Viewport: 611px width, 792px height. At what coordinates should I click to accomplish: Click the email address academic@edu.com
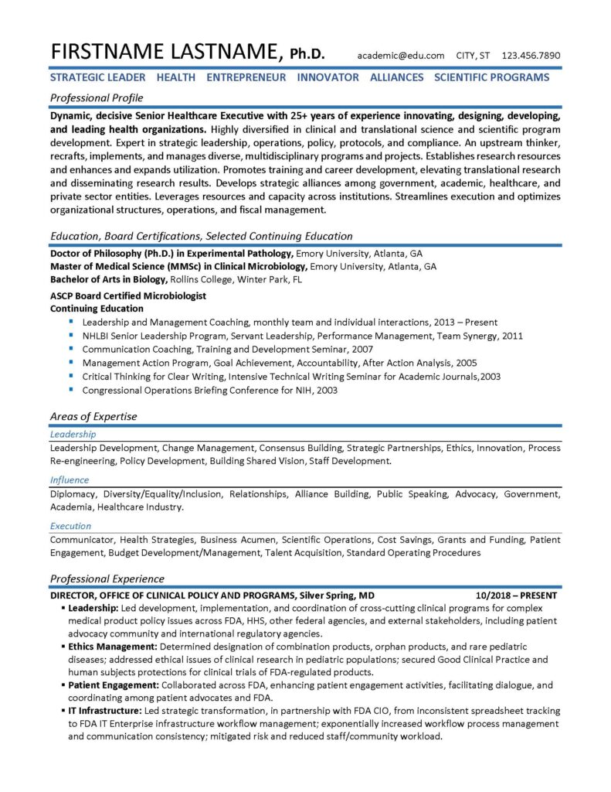click(401, 56)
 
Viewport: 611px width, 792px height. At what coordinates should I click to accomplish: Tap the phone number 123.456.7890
click(531, 56)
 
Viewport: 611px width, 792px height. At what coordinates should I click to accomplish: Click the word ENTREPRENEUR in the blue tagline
click(246, 77)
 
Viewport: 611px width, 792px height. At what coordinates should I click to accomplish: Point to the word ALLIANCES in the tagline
click(396, 77)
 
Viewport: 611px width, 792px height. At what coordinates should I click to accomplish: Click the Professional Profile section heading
click(97, 98)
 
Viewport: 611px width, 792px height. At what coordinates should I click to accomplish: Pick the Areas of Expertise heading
click(93, 416)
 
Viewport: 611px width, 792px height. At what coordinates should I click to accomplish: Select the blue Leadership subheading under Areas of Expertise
click(73, 435)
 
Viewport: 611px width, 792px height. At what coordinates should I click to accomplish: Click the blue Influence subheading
click(70, 480)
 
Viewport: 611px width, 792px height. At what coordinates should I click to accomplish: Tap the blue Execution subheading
click(71, 526)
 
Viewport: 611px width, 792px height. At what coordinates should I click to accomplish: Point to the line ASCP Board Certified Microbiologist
click(128, 295)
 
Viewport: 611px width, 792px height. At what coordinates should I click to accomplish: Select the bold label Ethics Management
click(112, 646)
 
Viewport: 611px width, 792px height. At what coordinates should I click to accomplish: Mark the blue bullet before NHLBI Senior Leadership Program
click(71, 336)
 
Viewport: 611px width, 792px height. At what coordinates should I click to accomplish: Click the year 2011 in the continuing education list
click(513, 336)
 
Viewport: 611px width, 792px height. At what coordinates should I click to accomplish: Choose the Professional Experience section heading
click(107, 579)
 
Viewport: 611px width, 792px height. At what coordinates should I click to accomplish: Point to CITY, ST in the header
click(474, 56)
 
